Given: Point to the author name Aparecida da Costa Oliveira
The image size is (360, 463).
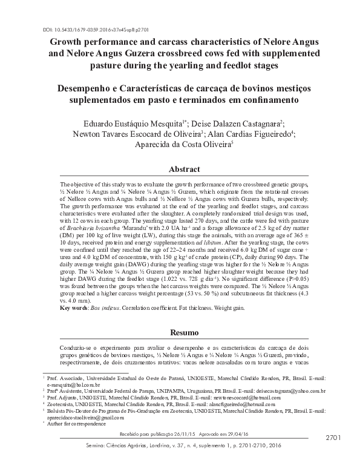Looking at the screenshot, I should point(179,145).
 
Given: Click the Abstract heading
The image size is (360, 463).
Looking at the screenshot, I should point(180,169).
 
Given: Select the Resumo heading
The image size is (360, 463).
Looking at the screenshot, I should point(180,332).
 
